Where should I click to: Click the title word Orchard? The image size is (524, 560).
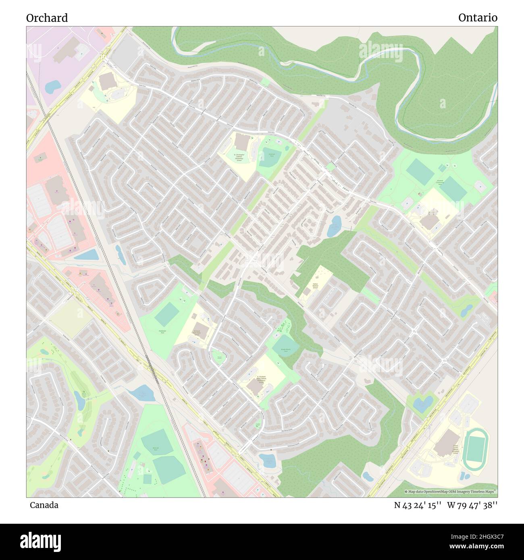tap(47, 18)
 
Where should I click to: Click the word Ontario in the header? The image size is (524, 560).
tap(478, 18)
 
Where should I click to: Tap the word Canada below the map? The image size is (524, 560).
tap(44, 505)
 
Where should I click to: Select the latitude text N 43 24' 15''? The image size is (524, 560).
tap(418, 505)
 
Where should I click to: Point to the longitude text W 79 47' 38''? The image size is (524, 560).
tap(472, 505)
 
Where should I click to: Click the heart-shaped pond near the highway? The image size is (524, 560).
tap(423, 403)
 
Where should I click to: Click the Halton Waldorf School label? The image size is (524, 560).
tap(315, 286)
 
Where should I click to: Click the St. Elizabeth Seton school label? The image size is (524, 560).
tap(262, 380)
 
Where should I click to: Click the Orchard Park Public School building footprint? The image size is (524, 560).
tap(202, 330)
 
